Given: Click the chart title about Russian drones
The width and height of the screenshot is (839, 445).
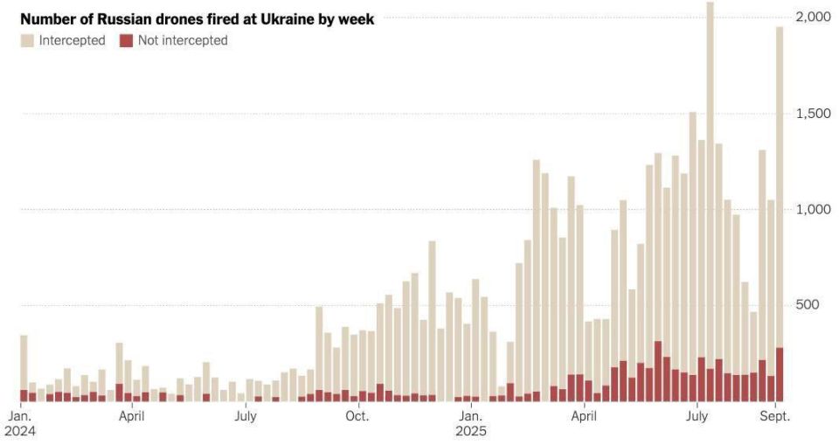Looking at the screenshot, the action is coord(197,19).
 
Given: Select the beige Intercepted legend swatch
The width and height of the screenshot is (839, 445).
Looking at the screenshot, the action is coord(27,41).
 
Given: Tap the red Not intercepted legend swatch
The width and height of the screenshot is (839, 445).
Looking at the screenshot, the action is coord(126,41).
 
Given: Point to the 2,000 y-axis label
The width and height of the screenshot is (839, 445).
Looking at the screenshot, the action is coord(814,17).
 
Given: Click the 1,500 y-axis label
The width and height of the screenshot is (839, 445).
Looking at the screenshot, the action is coord(814,113).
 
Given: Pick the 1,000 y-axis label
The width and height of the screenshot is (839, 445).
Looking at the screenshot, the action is coord(814,209).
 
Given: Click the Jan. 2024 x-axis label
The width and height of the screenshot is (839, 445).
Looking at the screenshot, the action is coord(20,423).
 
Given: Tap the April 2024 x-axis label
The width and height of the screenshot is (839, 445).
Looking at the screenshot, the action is coord(132,416).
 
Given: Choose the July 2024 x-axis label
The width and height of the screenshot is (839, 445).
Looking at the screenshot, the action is coord(245,416).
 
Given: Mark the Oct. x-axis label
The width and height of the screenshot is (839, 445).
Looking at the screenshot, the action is coord(357,416).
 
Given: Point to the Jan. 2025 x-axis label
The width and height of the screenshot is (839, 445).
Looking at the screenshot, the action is coord(471,423).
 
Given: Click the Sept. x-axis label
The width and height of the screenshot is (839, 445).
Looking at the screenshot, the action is coord(775,416).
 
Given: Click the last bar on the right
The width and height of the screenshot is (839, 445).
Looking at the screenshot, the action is coord(780,214).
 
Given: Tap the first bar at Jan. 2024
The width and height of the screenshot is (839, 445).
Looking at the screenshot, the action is coord(24,368).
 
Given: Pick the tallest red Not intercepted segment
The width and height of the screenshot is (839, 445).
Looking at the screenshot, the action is coord(657,371).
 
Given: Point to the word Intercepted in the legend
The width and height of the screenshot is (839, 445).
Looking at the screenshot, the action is coord(73,41).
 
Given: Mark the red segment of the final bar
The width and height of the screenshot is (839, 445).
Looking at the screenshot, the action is coord(780,375).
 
